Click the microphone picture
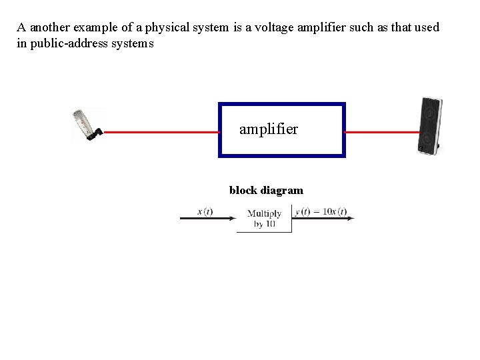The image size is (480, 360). [86, 125]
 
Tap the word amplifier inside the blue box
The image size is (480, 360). [269, 129]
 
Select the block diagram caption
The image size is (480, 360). [266, 191]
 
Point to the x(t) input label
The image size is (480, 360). [205, 211]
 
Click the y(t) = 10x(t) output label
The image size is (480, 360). [321, 211]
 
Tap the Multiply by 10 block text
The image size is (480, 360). [264, 219]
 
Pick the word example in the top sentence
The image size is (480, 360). [93, 28]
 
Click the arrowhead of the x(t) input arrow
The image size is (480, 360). [233, 217]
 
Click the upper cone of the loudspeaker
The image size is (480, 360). [428, 113]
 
